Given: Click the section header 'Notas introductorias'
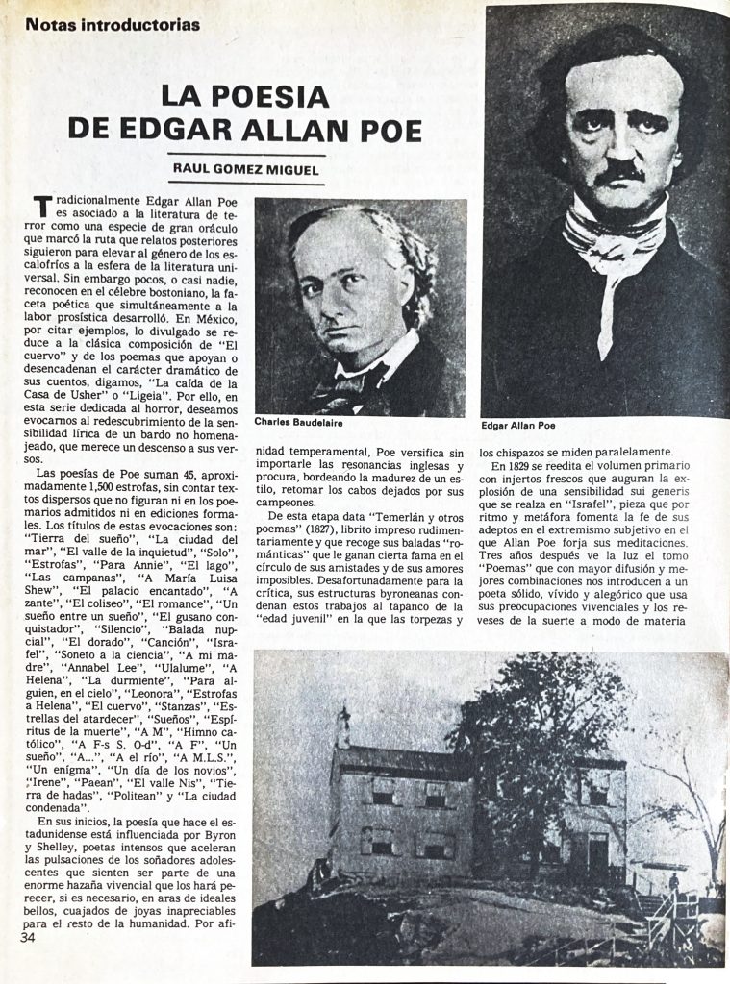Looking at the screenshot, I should click(x=113, y=25).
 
